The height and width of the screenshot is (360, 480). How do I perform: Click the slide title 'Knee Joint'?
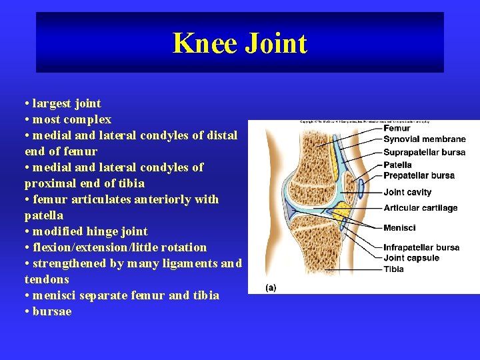239,43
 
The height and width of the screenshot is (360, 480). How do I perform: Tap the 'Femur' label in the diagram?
397,128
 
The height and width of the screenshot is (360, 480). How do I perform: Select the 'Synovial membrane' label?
424,139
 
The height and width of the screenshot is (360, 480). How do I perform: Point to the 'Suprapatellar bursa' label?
424,152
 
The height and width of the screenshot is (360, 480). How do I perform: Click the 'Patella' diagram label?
397,165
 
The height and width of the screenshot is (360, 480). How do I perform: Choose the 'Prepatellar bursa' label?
419,175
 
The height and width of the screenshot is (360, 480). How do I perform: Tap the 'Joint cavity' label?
407,193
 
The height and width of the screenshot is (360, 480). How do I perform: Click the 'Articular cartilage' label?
420,208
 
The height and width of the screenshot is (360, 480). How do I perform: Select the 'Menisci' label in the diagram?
399,228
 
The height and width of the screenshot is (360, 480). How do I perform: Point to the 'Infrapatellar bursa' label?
421,247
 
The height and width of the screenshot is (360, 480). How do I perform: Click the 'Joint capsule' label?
411,258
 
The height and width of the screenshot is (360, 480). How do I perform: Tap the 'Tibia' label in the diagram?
393,269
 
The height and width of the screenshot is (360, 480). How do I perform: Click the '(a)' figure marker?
271,287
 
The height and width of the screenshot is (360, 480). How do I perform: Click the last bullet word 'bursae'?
51,311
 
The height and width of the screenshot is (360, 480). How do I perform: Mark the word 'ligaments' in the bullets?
191,263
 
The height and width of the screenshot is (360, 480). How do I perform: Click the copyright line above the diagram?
364,122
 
